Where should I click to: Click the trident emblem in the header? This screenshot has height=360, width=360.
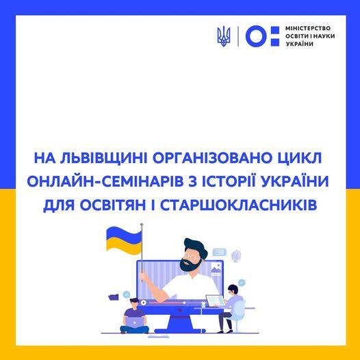coord(224,36)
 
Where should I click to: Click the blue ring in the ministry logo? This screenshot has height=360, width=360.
coord(257,36)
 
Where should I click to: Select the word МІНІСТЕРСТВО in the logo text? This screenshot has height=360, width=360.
coord(308,28)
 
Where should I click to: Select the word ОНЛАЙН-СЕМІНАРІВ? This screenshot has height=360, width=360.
coord(105,181)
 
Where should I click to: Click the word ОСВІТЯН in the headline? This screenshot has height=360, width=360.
coord(113,205)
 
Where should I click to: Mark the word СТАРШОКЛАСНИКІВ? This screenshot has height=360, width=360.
coord(238,205)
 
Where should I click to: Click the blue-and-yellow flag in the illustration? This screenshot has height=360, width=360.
coord(124,241)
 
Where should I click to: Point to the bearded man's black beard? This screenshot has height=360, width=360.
coord(188,265)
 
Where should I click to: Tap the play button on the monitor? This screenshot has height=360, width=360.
coord(143,303)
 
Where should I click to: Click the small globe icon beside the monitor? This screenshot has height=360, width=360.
coord(236,255)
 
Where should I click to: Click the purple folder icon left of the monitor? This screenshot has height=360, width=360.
coord(114,296)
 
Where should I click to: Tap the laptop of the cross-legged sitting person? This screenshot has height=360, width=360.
coord(135,322)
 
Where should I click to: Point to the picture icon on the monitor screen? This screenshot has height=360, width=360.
coord(216,269)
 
